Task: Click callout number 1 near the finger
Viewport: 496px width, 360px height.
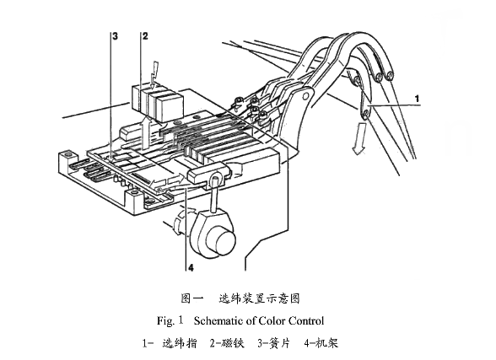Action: pyautogui.click(x=416, y=98)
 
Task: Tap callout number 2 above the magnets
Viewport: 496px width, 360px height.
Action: pyautogui.click(x=145, y=36)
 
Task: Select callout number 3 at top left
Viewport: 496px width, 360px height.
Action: pyautogui.click(x=114, y=36)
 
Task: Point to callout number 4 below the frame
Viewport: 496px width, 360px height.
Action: pyautogui.click(x=191, y=269)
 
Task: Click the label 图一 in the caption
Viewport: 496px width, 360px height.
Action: pyautogui.click(x=193, y=298)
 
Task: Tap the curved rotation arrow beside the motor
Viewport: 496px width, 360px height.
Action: pyautogui.click(x=178, y=224)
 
